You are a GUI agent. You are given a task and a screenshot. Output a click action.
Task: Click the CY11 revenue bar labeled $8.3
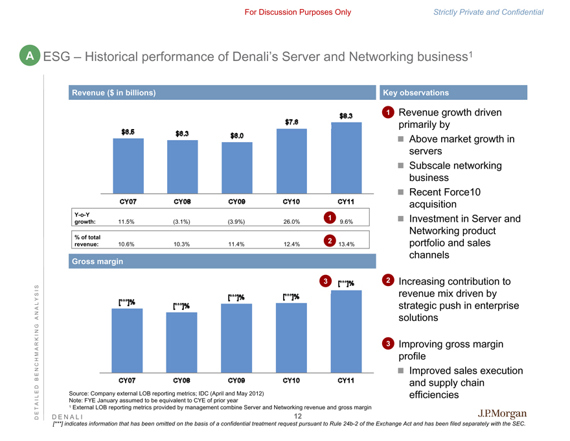[x=346, y=158]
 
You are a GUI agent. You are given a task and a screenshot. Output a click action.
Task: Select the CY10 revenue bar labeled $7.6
[x=291, y=161]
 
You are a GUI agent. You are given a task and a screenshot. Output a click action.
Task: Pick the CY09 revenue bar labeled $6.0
[x=237, y=167]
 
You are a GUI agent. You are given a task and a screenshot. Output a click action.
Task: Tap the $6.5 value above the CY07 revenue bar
[x=128, y=132]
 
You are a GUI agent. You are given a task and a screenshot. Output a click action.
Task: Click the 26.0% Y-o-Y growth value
[x=291, y=222]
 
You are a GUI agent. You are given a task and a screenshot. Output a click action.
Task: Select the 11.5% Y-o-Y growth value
[x=127, y=222]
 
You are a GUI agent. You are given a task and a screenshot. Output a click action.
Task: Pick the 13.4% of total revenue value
[x=346, y=244]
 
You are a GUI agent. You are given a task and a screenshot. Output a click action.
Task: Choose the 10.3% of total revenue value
[x=182, y=244]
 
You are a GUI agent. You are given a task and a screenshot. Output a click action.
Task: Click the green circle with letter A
[x=29, y=56]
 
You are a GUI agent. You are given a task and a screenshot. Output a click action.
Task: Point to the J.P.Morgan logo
[x=502, y=414]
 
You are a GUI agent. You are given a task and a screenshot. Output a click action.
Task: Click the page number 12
[x=298, y=416]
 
